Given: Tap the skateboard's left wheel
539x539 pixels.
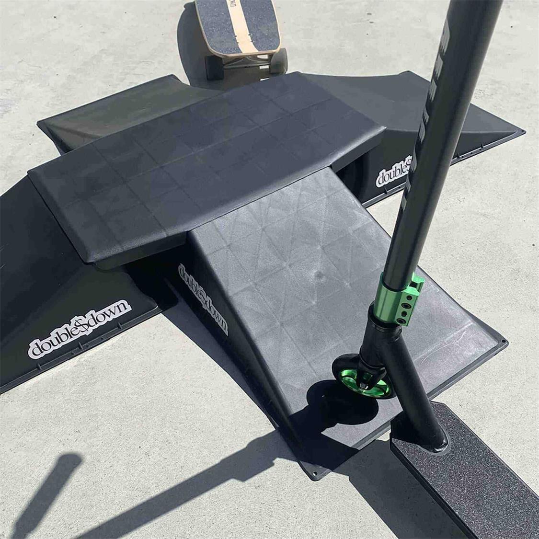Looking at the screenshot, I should [x=214, y=67].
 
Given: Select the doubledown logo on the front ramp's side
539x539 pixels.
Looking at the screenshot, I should [x=203, y=298].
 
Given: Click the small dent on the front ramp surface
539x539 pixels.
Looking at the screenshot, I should [x=318, y=274].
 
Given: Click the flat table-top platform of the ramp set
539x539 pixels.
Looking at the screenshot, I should [x=206, y=158].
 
